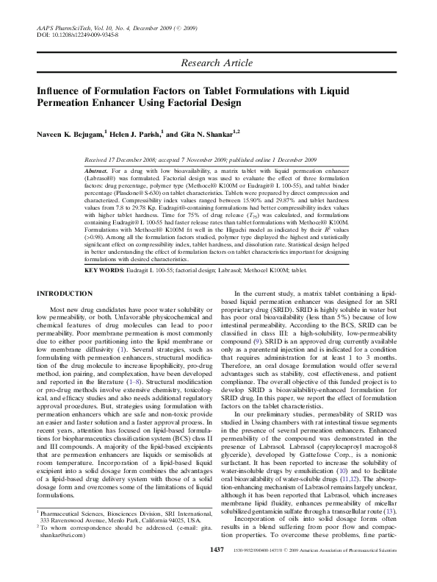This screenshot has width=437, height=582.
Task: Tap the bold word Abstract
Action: click(98, 168)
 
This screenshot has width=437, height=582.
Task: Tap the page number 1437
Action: click(217, 569)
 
